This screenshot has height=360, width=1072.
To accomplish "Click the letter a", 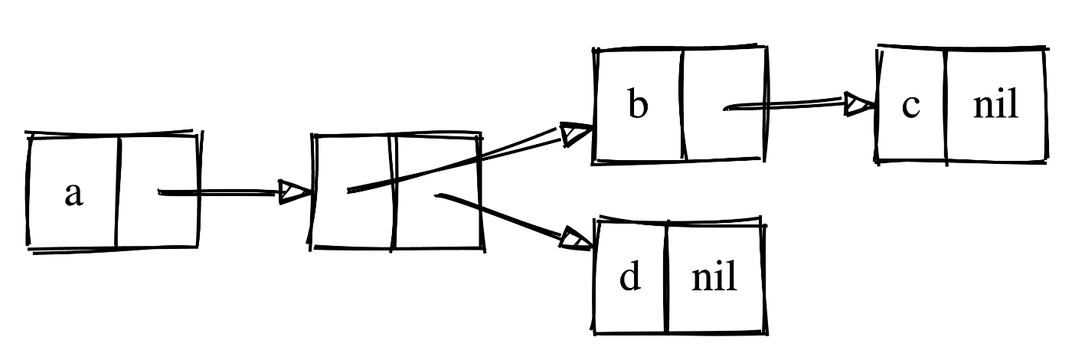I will click(x=73, y=195).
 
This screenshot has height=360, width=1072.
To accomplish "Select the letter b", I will click(x=637, y=106).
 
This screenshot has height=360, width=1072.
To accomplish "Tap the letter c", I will click(x=910, y=106).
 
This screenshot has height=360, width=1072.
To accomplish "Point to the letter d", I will click(x=629, y=277).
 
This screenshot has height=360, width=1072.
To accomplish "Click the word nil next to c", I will click(x=995, y=106).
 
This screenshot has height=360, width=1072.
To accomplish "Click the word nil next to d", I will click(x=714, y=277).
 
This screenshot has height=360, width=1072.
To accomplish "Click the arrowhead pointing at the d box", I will click(x=577, y=238).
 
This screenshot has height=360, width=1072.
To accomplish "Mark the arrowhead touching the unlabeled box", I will click(x=293, y=192).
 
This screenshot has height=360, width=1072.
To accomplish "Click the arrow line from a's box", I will click(x=222, y=193).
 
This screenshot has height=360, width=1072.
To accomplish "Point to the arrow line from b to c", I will click(x=789, y=105).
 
